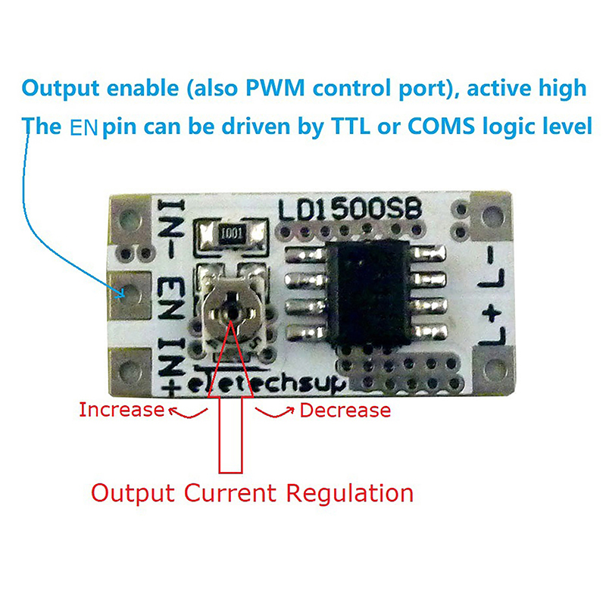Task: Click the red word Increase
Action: click(121, 411)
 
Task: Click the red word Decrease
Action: click(345, 411)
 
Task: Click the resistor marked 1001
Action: click(233, 233)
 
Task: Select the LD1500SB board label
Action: click(349, 208)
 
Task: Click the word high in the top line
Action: click(559, 89)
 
